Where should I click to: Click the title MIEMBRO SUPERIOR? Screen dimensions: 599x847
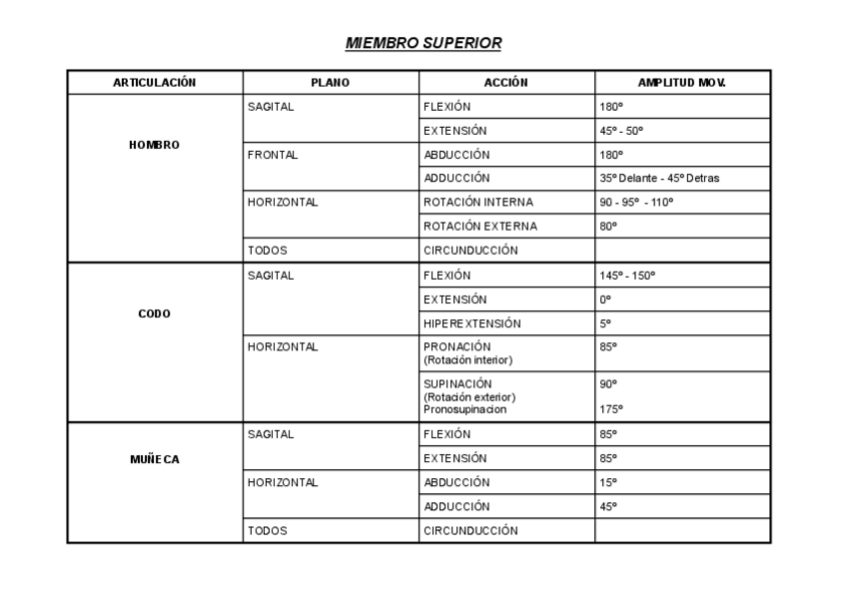click(423, 43)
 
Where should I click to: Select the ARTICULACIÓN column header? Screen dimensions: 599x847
click(154, 82)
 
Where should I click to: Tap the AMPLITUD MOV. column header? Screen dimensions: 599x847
click(681, 82)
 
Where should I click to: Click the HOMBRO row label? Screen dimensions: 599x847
click(154, 145)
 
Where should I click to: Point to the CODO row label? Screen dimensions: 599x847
click(154, 313)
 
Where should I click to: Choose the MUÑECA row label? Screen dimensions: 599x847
click(154, 460)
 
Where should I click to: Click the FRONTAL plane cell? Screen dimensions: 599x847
click(273, 155)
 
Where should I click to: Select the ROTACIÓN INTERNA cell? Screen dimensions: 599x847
click(471, 203)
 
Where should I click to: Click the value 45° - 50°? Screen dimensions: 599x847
click(621, 131)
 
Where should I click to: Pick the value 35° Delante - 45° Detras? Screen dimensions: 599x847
click(659, 179)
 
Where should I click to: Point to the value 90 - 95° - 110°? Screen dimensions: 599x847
click(636, 203)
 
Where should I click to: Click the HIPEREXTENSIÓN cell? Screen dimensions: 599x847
click(471, 323)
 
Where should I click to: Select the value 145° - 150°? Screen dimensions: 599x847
click(627, 276)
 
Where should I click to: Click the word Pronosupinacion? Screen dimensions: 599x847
click(464, 409)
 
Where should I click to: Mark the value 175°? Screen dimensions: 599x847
click(611, 409)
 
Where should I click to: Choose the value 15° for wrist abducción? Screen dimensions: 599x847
click(608, 482)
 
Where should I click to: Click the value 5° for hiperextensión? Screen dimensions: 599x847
click(605, 323)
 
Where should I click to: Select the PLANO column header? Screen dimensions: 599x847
click(331, 82)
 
